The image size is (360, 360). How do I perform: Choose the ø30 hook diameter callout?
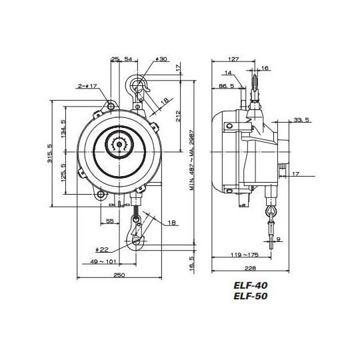(x=161, y=59)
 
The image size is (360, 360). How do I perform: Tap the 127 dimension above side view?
(x=233, y=58)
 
